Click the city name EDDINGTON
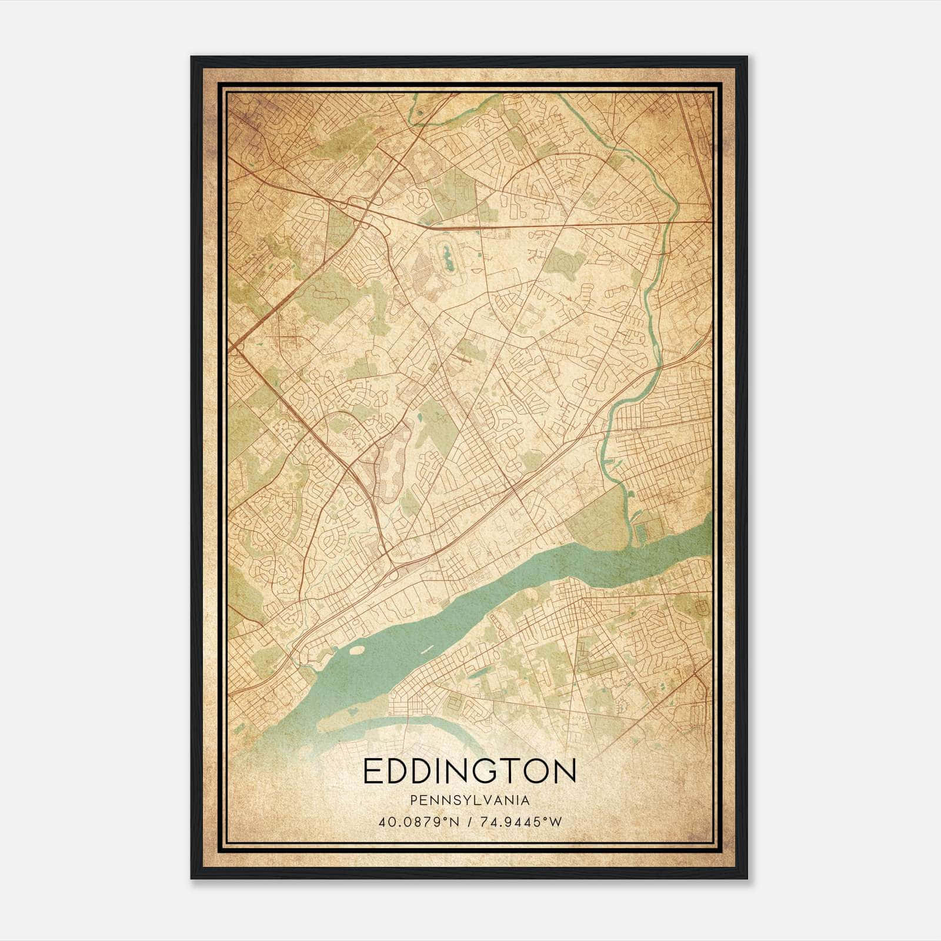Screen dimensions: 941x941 point(470,771)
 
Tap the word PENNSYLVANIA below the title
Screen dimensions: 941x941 point(470,800)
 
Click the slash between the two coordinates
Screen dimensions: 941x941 point(470,822)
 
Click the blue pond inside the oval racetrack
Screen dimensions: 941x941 point(448,259)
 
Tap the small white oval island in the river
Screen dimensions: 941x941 point(356,650)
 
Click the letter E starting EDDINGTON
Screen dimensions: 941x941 point(372,771)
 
